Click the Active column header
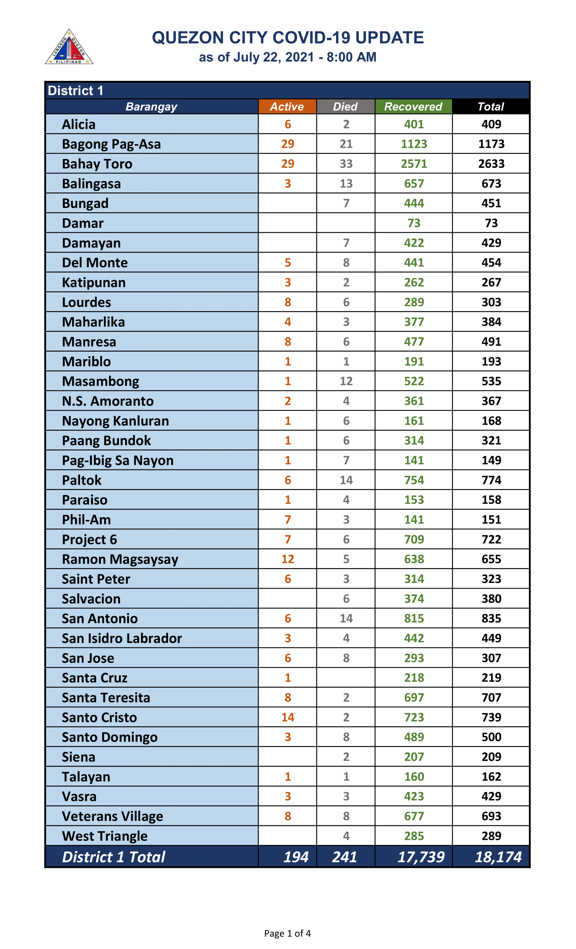(x=287, y=107)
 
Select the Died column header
(x=345, y=107)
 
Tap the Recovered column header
(x=413, y=107)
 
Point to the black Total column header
(x=491, y=107)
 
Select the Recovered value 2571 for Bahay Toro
(x=414, y=164)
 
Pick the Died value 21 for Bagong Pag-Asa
(x=346, y=144)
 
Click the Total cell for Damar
(x=491, y=223)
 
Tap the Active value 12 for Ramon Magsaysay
(x=288, y=559)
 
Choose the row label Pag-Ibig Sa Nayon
(x=118, y=461)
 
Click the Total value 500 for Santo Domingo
(x=491, y=737)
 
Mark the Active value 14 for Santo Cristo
(x=288, y=718)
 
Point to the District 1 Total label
(x=114, y=857)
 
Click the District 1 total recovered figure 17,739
(x=421, y=857)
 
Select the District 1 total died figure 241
(x=345, y=857)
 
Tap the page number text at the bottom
(x=287, y=933)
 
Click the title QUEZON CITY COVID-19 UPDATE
(x=288, y=38)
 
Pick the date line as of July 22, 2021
(x=288, y=57)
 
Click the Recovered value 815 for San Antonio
(x=414, y=619)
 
